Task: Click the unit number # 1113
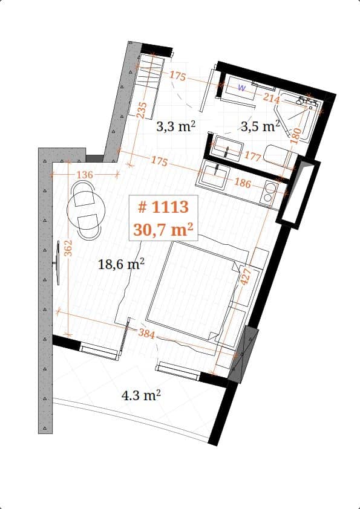coord(163,207)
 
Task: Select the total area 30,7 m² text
coord(163,229)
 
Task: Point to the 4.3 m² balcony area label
coord(141,396)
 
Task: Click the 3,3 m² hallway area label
coord(175,127)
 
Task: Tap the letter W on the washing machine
coord(241,88)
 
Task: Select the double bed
coord(191,290)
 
